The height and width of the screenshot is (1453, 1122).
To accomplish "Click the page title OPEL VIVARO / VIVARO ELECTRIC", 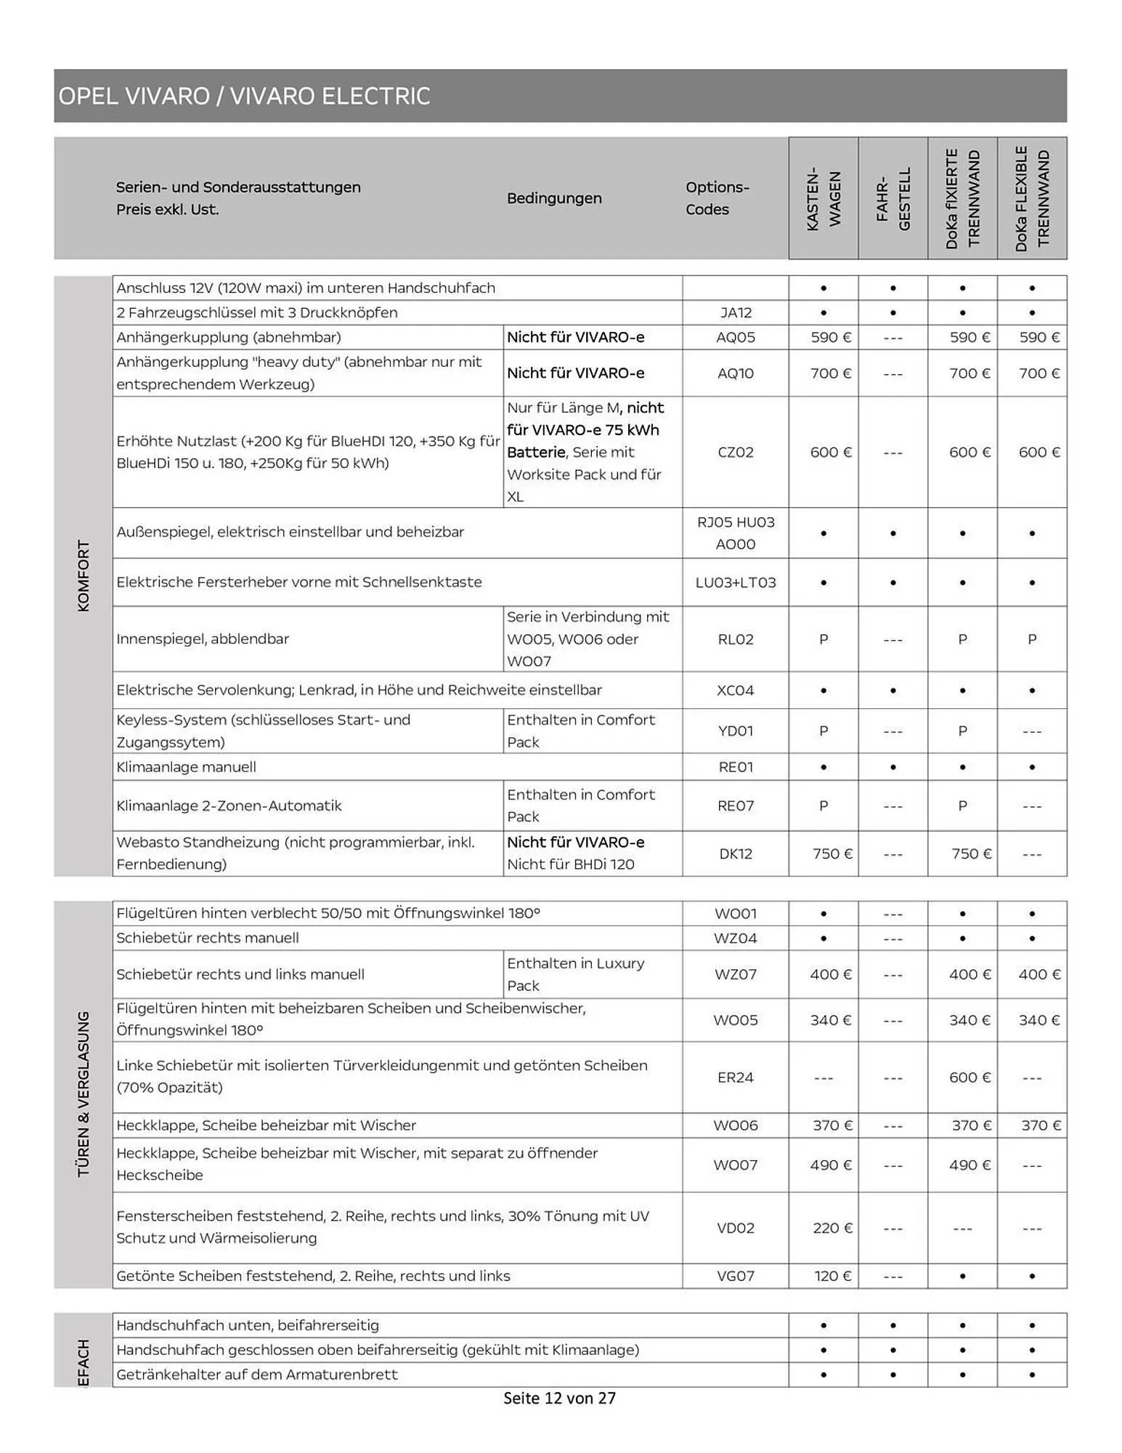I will (x=244, y=96).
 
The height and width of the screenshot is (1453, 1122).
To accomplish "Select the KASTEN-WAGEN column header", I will (x=824, y=199).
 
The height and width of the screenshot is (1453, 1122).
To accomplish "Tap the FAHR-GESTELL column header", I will (x=893, y=199).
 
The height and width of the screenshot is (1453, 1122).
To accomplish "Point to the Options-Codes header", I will (x=717, y=198).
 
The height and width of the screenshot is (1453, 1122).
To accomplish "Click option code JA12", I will (x=736, y=312).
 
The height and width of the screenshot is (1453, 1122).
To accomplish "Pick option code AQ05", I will (x=736, y=337).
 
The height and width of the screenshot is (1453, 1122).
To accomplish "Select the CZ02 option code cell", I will (x=736, y=452).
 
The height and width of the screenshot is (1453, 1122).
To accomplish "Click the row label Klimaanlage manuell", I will (x=186, y=766).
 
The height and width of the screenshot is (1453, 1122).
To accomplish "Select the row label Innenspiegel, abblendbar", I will (x=203, y=639).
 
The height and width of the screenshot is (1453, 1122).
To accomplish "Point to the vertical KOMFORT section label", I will (x=84, y=575).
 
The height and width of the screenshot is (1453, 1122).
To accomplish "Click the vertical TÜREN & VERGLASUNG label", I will (x=84, y=1093).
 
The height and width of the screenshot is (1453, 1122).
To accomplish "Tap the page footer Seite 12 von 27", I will (x=559, y=1398).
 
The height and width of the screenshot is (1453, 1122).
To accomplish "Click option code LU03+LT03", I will (x=736, y=582).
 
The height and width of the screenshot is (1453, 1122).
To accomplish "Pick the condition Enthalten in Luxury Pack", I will (x=575, y=974).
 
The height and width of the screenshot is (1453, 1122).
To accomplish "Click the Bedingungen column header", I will (x=554, y=198).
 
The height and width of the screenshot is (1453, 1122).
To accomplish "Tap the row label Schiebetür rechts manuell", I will (x=208, y=937).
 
